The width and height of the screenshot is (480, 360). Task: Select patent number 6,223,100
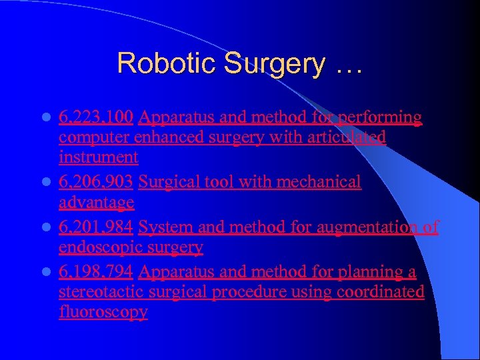pos(97,118)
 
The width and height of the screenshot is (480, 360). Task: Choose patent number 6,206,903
pos(97,182)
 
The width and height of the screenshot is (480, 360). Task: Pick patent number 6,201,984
pos(97,227)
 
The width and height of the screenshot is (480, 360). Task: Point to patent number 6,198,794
pos(97,273)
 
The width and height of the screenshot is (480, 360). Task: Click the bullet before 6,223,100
pos(46,119)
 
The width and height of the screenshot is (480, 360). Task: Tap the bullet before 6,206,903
pos(46,183)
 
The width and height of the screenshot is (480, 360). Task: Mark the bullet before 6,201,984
pos(46,228)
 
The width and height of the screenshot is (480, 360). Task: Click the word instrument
pos(99,158)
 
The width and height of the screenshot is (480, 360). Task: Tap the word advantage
pos(97,202)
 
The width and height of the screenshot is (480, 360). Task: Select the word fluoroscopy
pos(103,313)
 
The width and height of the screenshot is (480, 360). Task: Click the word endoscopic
pos(99,247)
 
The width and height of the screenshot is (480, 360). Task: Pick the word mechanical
pos(319,182)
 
